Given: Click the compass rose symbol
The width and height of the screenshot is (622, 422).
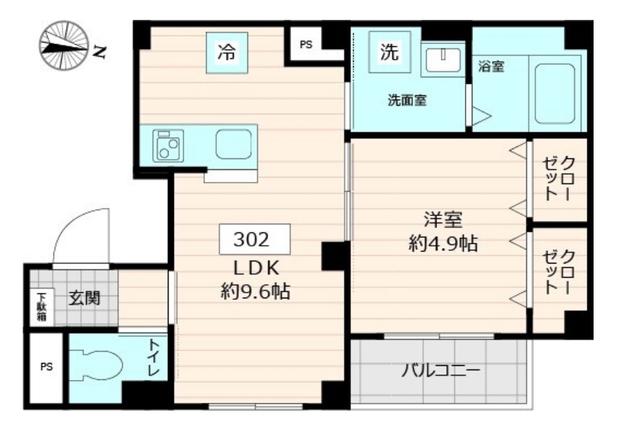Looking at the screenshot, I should point(65,44).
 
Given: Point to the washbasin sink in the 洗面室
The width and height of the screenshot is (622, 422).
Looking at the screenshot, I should point(442,59).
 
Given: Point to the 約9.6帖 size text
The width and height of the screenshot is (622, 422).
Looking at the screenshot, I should point(254,291).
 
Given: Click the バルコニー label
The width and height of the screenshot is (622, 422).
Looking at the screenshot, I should point(441,371).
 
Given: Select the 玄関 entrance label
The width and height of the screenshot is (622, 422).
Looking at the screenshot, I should point(84,298).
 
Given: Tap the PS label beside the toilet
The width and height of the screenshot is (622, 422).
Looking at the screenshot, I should point(46,367).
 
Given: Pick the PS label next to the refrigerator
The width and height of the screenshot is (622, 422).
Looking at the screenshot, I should point(306,45).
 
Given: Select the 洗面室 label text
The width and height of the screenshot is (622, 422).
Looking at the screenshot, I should point(407,101).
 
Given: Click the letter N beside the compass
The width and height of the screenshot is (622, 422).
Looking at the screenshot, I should point(100,50).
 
